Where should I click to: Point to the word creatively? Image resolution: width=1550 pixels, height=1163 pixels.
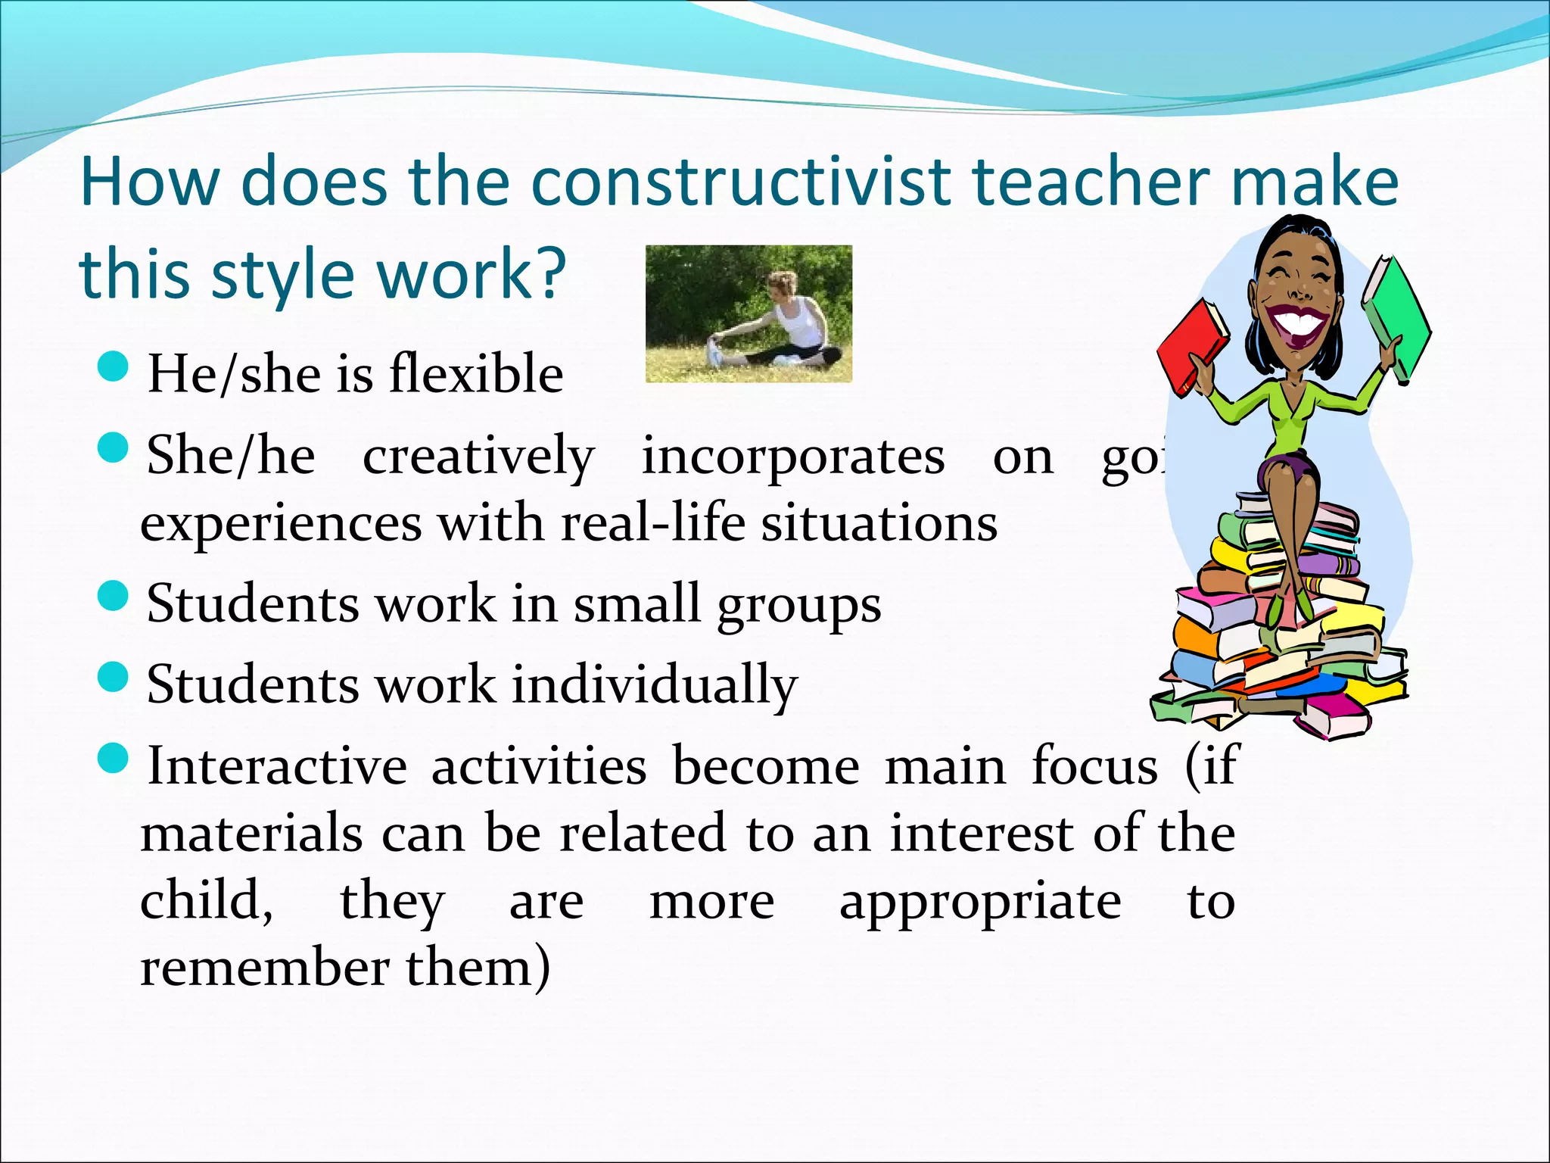(x=478, y=457)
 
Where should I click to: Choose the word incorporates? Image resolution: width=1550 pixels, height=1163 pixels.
(x=793, y=457)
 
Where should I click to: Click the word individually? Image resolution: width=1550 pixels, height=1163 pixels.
(x=655, y=684)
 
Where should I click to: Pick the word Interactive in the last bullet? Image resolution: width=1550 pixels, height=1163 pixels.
(x=277, y=765)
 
